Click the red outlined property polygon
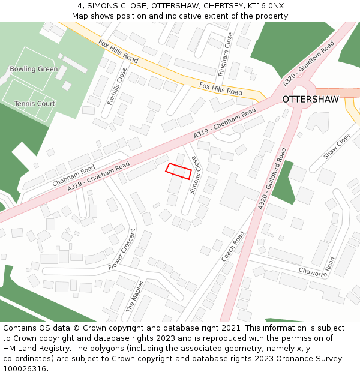click(x=178, y=171)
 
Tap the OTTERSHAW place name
click(x=310, y=99)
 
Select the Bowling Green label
click(x=34, y=69)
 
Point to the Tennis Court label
click(x=35, y=104)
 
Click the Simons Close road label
click(x=193, y=175)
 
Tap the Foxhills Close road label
click(x=118, y=86)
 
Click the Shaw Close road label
click(x=337, y=146)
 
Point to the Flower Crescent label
click(x=123, y=248)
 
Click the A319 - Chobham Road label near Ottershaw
click(x=225, y=123)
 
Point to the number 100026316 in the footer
click(x=25, y=368)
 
